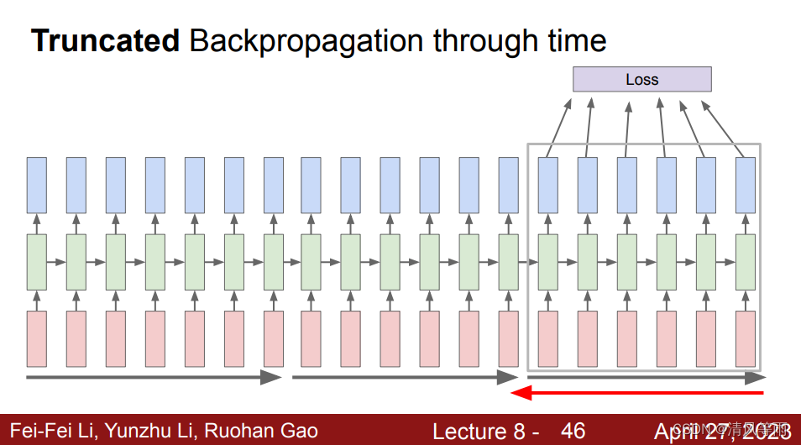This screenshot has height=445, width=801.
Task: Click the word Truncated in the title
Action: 105,41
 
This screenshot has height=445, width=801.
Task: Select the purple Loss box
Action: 641,80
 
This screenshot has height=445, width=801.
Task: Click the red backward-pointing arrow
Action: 638,392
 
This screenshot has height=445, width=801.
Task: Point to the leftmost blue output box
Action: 36,185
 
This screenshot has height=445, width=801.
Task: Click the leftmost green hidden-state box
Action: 36,262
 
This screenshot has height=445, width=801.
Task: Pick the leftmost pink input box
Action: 36,339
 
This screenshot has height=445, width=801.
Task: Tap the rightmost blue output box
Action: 746,185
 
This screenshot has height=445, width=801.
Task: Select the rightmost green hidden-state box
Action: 746,262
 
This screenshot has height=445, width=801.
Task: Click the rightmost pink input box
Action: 746,339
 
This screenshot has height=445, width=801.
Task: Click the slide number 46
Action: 573,431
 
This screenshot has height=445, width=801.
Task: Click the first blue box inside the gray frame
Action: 548,185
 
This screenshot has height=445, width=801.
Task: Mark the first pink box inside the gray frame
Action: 548,339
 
